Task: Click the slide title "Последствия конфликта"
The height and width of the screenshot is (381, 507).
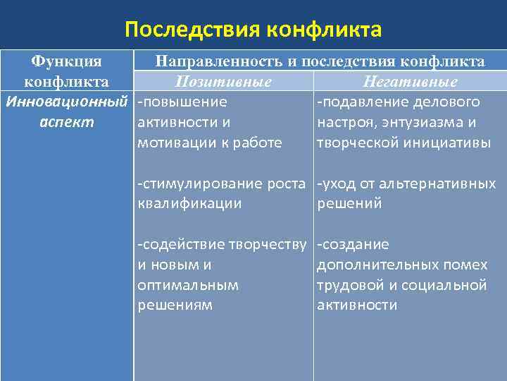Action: (253, 30)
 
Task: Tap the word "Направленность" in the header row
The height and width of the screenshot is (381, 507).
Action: (215, 62)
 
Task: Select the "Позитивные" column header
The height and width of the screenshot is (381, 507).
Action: (223, 83)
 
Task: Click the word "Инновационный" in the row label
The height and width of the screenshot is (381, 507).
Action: (68, 102)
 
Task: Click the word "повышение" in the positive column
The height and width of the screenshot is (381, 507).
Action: (184, 102)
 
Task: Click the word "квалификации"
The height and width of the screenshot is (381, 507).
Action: (189, 204)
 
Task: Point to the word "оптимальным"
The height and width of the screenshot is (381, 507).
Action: (187, 285)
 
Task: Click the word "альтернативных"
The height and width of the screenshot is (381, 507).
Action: (437, 184)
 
